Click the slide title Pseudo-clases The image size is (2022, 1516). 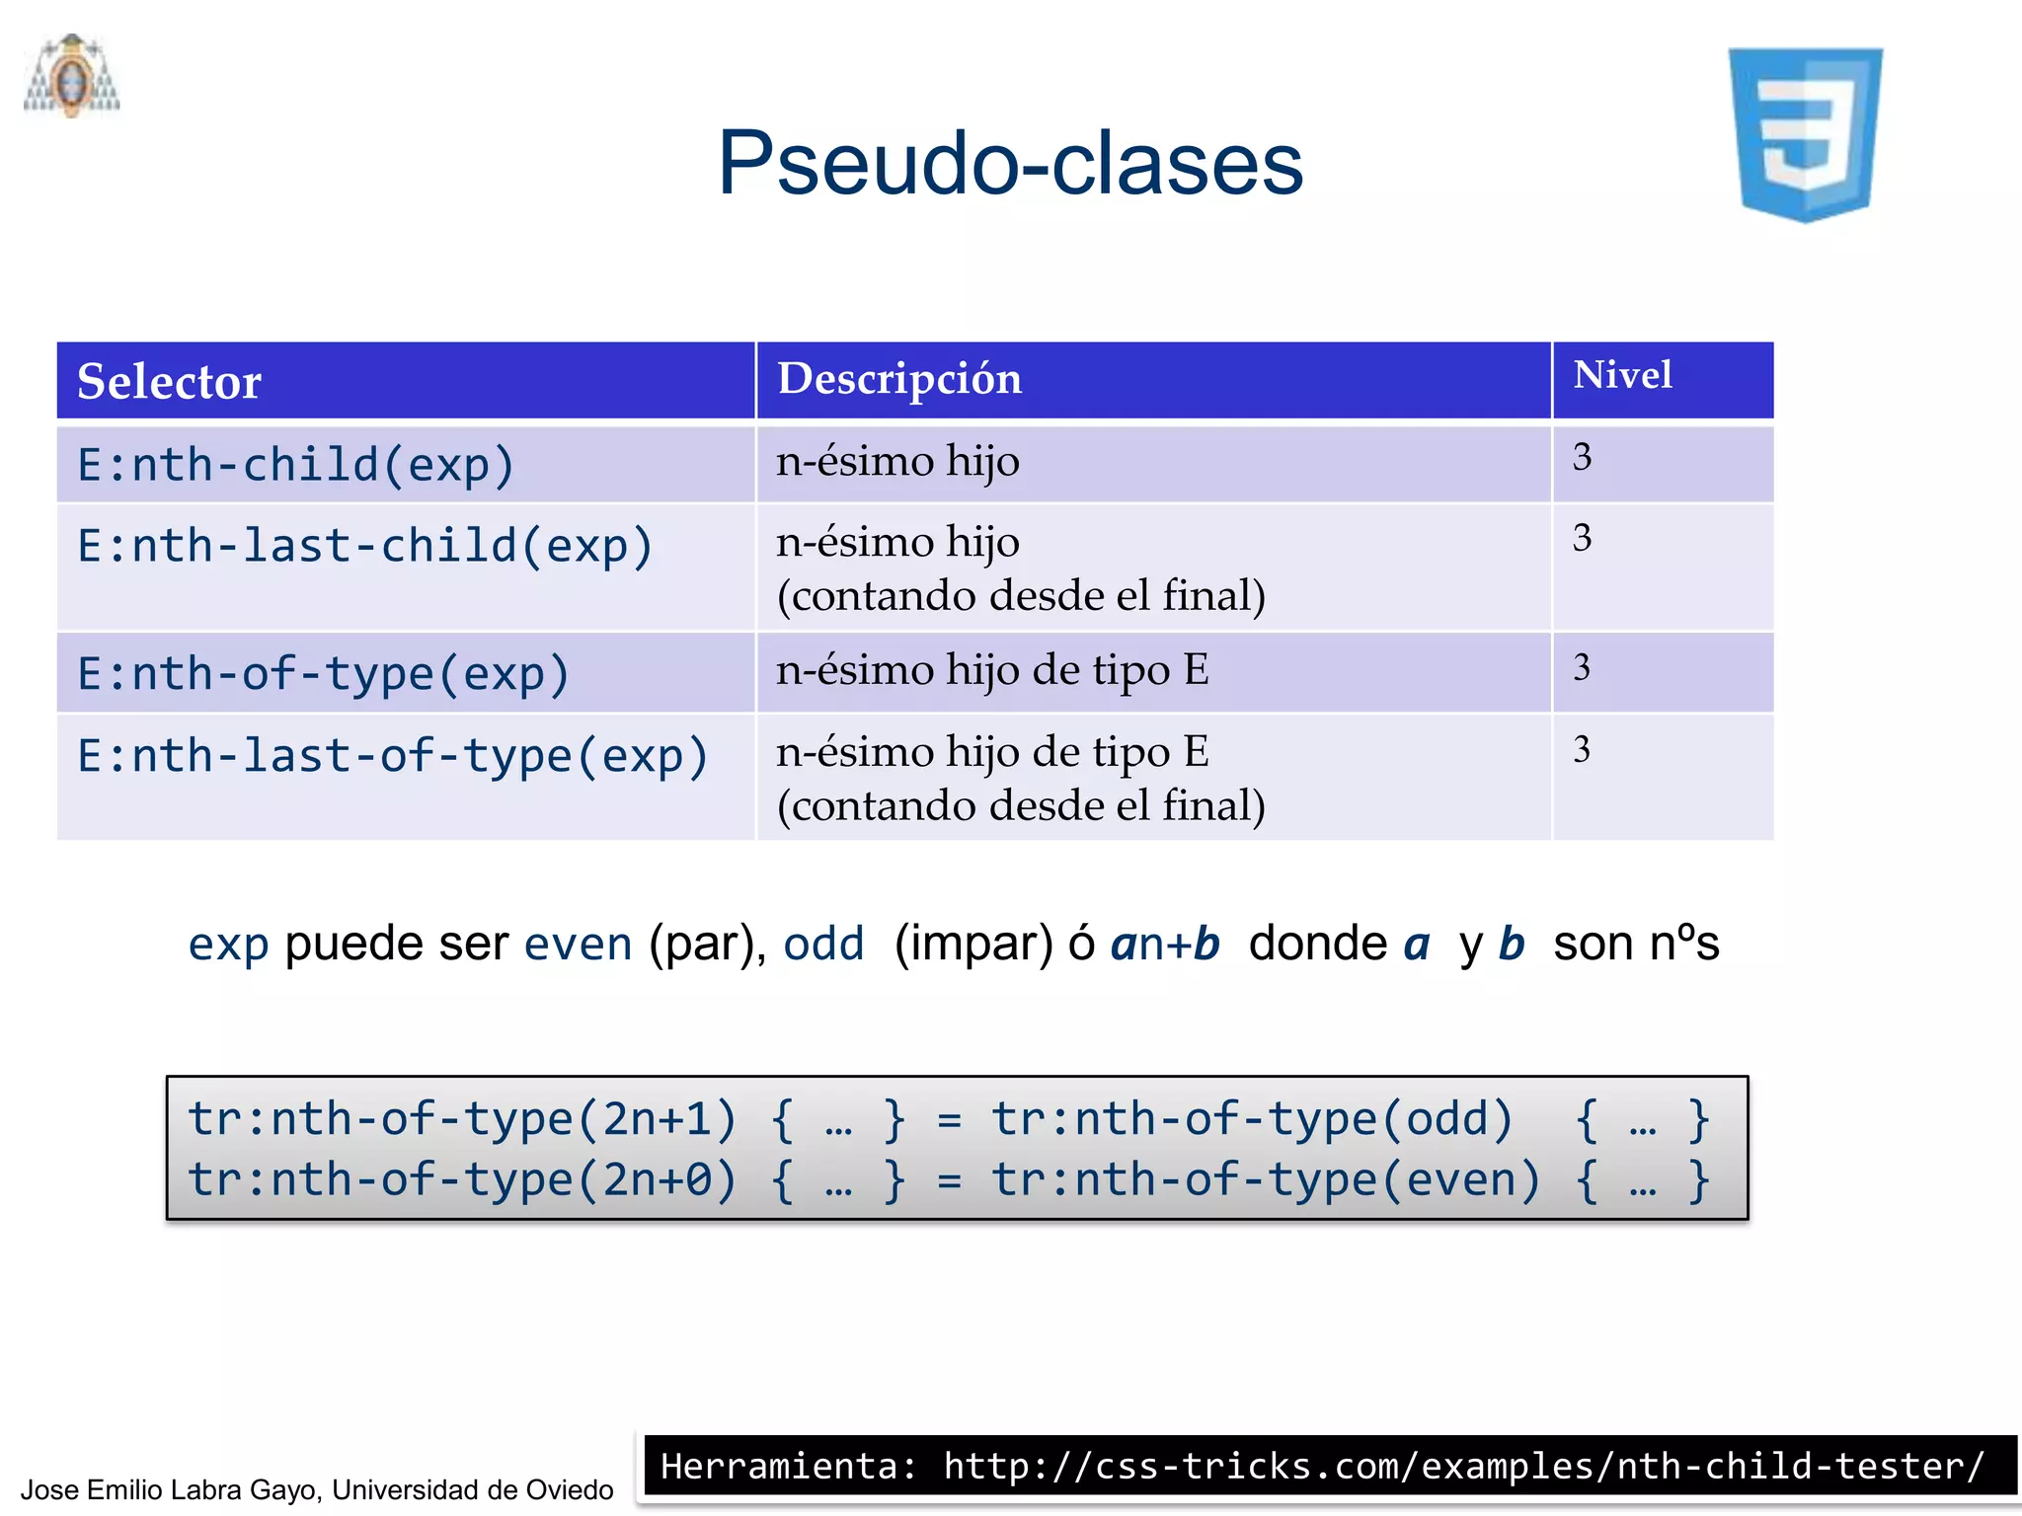click(1010, 163)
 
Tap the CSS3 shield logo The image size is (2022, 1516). click(1805, 133)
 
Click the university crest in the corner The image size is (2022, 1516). click(71, 77)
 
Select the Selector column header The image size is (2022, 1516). click(169, 381)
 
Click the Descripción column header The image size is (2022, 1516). click(898, 379)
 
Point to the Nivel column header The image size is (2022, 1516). click(1621, 375)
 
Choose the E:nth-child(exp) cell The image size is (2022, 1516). click(296, 464)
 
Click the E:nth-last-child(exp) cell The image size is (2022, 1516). click(365, 546)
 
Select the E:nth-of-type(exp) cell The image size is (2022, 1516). click(324, 674)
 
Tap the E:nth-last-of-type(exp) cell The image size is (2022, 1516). click(393, 756)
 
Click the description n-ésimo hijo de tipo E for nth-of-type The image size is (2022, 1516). click(991, 670)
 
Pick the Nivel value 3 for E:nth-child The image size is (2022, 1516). click(1582, 457)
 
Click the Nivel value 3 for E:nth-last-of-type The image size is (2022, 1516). click(1582, 749)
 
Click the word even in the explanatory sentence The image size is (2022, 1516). click(578, 945)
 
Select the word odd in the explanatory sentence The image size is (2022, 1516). click(823, 945)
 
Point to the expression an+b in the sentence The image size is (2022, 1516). click(1165, 945)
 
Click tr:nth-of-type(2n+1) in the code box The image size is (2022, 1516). click(462, 1119)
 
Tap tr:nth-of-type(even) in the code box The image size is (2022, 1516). click(1265, 1179)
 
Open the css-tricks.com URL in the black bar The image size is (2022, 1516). click(1462, 1466)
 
